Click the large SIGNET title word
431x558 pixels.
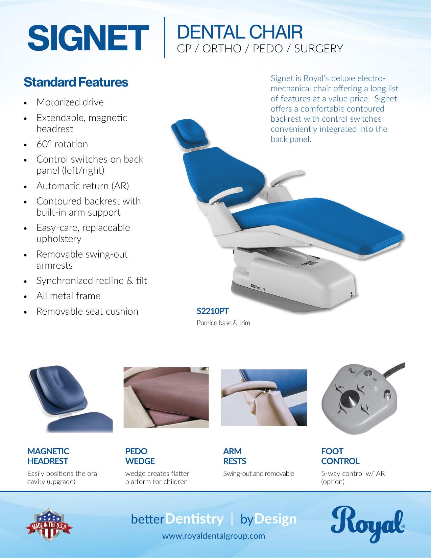tap(88, 38)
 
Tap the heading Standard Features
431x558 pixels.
tap(76, 82)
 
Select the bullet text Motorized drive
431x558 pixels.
tap(70, 102)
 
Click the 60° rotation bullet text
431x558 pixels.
tap(62, 144)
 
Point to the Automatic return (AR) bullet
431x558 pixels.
tap(83, 186)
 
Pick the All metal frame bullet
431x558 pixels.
tap(68, 296)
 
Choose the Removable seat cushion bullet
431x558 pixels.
tap(87, 311)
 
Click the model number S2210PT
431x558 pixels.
tap(213, 311)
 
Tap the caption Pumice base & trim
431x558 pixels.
tap(223, 323)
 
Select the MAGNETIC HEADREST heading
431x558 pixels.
tap(48, 456)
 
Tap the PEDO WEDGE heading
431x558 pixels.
tap(140, 456)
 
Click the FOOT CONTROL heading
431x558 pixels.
tap(340, 456)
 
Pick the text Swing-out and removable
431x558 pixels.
tap(259, 474)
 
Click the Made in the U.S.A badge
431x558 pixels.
tap(49, 525)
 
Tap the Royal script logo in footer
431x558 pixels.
tap(368, 524)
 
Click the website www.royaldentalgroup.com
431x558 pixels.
tap(213, 536)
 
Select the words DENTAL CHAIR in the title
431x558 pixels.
tap(240, 32)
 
